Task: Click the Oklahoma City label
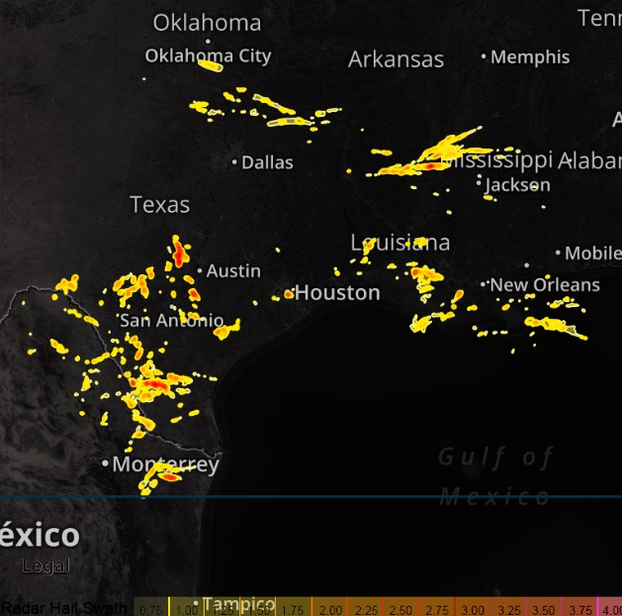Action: click(x=208, y=56)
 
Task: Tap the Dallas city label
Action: click(x=267, y=162)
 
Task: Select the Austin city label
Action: click(x=233, y=270)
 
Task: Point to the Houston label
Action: click(x=337, y=293)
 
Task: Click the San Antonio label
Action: click(x=171, y=321)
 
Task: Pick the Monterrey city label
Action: click(x=165, y=464)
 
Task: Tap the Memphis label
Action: click(x=530, y=57)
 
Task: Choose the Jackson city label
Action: click(x=518, y=184)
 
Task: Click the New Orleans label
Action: click(x=545, y=285)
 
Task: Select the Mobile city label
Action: click(x=591, y=254)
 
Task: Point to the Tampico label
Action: click(x=239, y=604)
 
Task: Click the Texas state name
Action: click(x=159, y=205)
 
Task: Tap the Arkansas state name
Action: click(x=396, y=59)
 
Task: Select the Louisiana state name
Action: click(x=400, y=243)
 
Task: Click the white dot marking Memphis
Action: click(x=484, y=56)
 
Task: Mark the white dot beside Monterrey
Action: click(x=105, y=463)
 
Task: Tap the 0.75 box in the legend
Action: click(x=150, y=608)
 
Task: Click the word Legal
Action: click(x=46, y=566)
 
